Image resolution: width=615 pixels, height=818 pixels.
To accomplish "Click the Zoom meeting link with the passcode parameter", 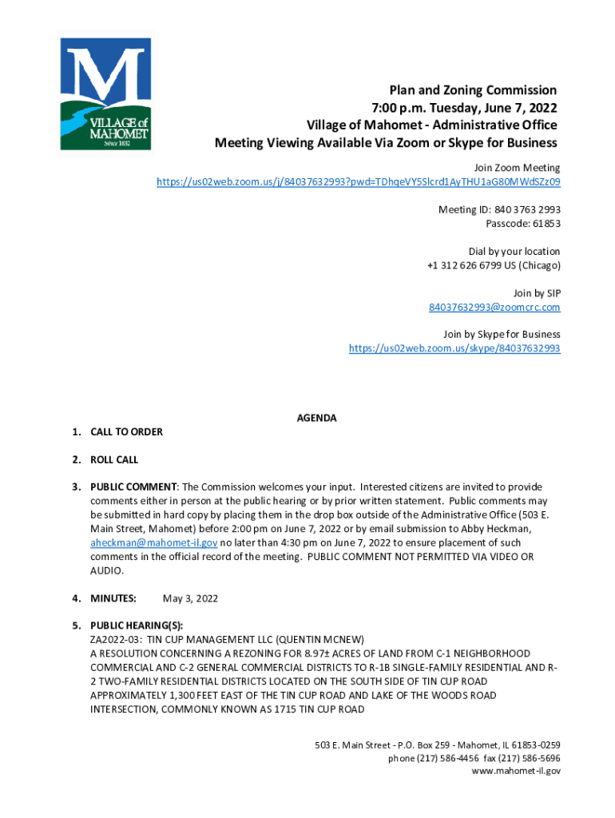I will coord(358,182).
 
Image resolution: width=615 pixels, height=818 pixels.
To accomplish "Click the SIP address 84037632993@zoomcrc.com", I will coord(494,307).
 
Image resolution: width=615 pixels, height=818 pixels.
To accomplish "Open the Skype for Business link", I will coord(454,348).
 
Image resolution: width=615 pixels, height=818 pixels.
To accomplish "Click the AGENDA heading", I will coord(316,418).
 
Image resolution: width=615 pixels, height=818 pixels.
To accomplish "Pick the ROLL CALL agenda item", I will coord(114,460).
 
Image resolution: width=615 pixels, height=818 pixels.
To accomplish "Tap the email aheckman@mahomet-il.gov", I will coord(153,542).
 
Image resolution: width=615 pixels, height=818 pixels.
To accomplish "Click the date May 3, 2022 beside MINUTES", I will coord(190,598).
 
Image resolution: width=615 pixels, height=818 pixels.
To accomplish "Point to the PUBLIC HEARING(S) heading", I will coord(137,626).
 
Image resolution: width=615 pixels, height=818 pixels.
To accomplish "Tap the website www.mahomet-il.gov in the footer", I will coord(516,771).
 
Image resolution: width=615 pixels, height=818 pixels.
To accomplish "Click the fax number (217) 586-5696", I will coord(531,758).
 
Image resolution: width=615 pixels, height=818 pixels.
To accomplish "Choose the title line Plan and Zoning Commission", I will coord(473,90).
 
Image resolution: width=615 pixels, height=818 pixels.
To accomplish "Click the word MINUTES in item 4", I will coord(113,598).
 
